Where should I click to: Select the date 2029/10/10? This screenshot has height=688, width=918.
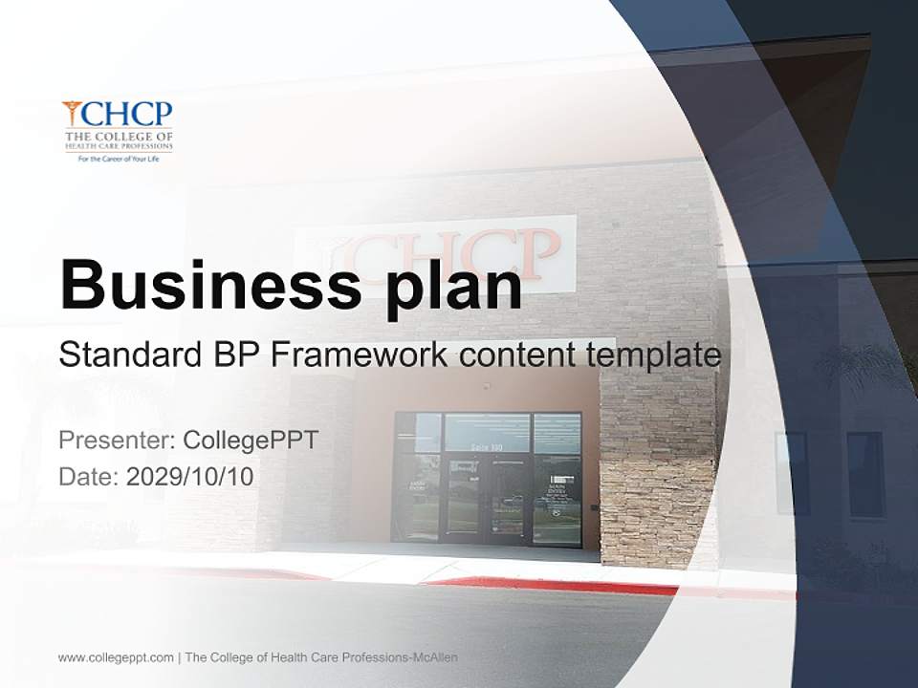190,477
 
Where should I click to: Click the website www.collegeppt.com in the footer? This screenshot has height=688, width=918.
116,657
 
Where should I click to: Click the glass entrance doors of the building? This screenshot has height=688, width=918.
488,497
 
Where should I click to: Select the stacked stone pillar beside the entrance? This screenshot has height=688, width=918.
657,468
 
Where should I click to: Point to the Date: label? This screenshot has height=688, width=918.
89,477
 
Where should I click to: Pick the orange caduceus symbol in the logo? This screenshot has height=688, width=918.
71,114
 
